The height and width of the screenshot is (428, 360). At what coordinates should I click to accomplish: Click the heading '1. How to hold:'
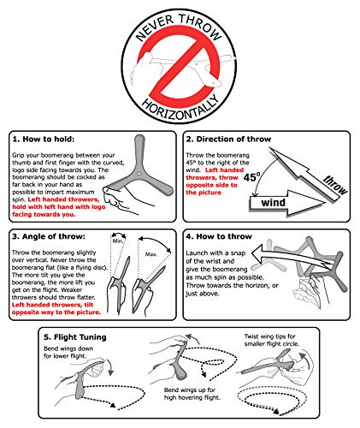tap(43, 140)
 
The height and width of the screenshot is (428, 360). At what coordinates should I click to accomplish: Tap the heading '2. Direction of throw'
tap(228, 140)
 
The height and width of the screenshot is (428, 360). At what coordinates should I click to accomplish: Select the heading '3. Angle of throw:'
tap(49, 236)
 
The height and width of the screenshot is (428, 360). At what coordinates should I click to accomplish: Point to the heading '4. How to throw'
tap(219, 236)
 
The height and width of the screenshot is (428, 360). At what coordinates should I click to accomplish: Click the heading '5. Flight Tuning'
tap(75, 337)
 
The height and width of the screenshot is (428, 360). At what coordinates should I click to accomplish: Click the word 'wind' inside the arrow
tap(274, 203)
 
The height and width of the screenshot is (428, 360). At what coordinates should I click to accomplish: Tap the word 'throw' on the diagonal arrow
tap(335, 185)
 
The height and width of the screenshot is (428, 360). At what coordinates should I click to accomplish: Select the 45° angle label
tap(252, 177)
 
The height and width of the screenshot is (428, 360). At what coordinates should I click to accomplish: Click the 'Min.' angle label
tap(118, 241)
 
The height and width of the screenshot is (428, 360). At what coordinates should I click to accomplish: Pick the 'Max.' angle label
tap(151, 254)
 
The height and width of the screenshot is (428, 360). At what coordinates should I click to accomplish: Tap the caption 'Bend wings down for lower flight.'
tap(68, 352)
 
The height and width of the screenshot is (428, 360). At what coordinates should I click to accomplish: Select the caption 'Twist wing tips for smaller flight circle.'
tap(272, 340)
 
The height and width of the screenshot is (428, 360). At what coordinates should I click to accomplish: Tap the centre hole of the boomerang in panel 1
tap(139, 174)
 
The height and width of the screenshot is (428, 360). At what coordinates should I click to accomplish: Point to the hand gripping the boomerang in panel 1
tap(120, 199)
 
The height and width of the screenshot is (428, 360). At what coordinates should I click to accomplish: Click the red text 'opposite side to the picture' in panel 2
tap(211, 188)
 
